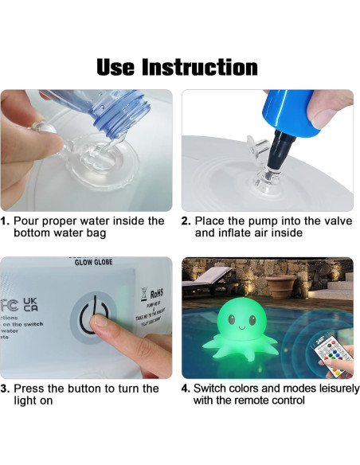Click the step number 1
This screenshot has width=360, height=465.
(x=6, y=221)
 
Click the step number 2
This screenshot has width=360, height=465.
(x=186, y=221)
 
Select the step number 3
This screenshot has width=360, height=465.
(x=6, y=389)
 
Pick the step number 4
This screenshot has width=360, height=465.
(x=186, y=389)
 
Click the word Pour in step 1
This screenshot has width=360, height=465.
(x=29, y=221)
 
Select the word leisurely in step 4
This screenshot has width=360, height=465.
(x=319, y=389)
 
